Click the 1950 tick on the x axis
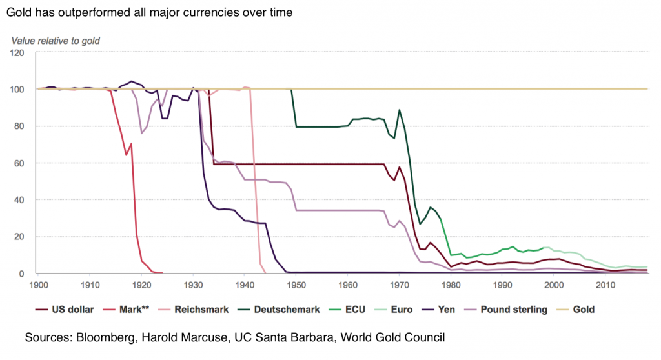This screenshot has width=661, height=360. [296, 284]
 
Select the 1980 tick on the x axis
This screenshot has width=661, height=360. [451, 284]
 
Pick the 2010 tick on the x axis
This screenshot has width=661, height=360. [605, 284]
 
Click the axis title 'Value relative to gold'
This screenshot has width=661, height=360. [56, 41]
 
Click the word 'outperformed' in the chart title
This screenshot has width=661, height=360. [89, 12]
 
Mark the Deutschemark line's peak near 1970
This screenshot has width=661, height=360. [400, 110]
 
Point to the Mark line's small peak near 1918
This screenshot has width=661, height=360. [131, 143]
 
